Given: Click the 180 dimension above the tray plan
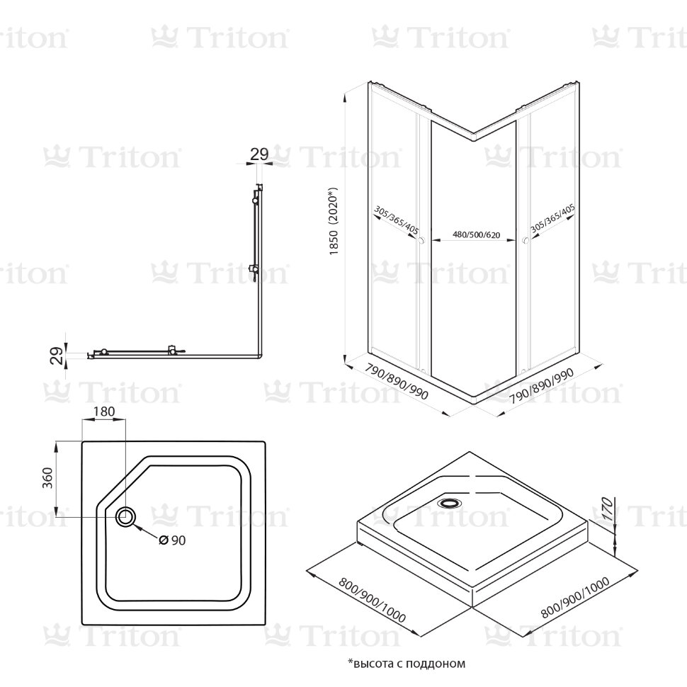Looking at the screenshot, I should pos(104,412).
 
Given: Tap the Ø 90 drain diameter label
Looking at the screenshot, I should pos(172,540).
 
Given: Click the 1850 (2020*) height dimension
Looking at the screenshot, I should pos(335,223).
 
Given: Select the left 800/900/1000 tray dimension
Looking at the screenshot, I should pos(371,601).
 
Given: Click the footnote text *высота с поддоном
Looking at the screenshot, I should pos(406,664).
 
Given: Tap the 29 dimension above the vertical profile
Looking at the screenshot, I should pos(259,153).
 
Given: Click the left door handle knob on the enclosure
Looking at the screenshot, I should pos(422,242).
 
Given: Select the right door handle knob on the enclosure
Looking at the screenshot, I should pos(525,242).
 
